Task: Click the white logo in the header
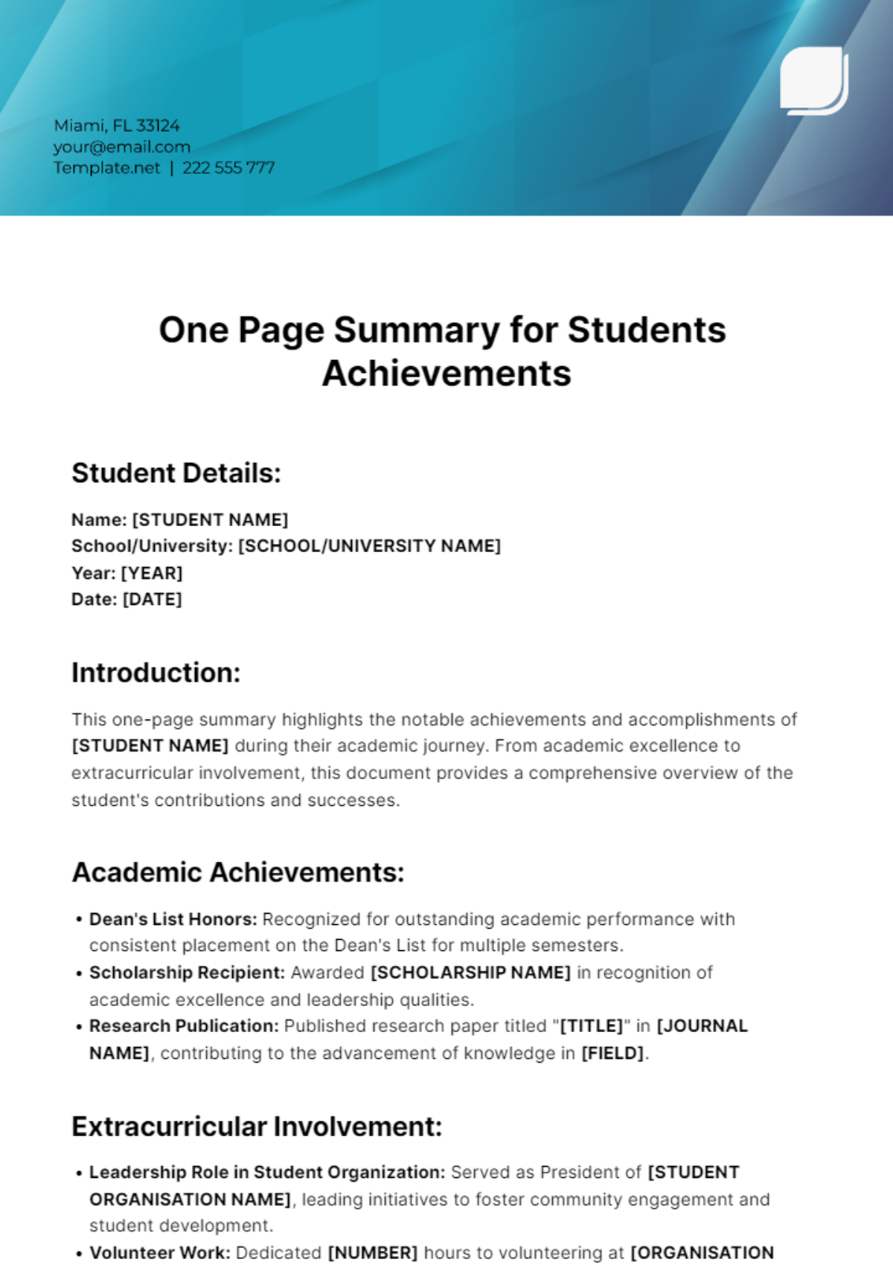point(813,80)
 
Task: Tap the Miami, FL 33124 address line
point(117,126)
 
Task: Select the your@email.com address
point(122,147)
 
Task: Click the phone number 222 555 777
point(228,167)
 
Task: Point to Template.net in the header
point(106,167)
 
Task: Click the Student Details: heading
point(176,473)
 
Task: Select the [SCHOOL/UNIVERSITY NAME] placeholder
point(369,546)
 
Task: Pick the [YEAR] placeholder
point(152,573)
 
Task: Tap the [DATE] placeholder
point(153,599)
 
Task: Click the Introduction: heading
point(156,673)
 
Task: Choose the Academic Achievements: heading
point(238,872)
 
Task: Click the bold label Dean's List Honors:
point(173,919)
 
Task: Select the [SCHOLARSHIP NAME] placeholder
point(470,973)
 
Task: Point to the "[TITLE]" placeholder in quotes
point(592,1026)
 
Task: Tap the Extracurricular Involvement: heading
point(257,1127)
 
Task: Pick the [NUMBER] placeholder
point(373,1253)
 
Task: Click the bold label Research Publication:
point(184,1026)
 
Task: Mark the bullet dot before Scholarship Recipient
point(79,973)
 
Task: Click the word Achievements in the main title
point(446,374)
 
